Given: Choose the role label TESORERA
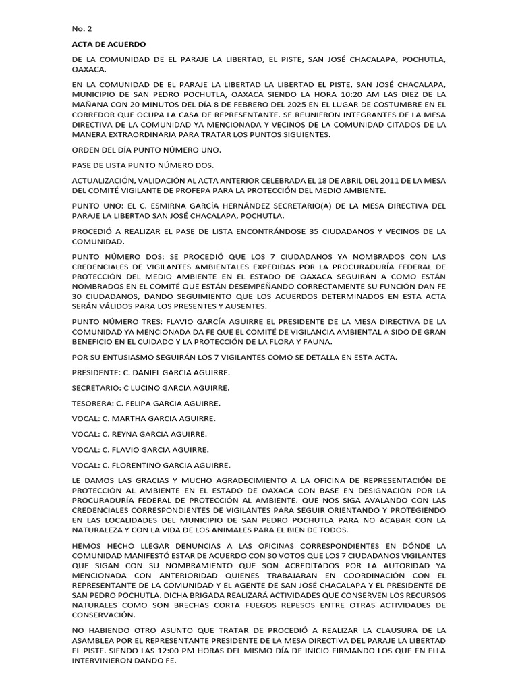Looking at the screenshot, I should (92, 403).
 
